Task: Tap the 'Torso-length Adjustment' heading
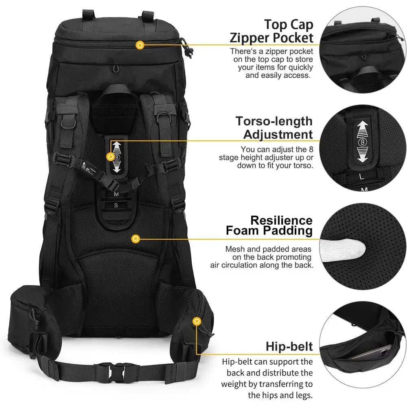pos(274,127)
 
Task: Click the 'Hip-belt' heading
pos(289,346)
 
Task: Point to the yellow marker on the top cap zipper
pos(140,45)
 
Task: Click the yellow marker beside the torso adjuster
pos(110,156)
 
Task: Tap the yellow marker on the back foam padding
pos(136,239)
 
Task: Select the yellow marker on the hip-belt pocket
pos(197,322)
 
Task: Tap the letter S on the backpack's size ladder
pos(116,206)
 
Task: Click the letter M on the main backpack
pos(116,195)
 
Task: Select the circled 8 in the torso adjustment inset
pos(362,142)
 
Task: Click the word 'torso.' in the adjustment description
pos(301,166)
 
